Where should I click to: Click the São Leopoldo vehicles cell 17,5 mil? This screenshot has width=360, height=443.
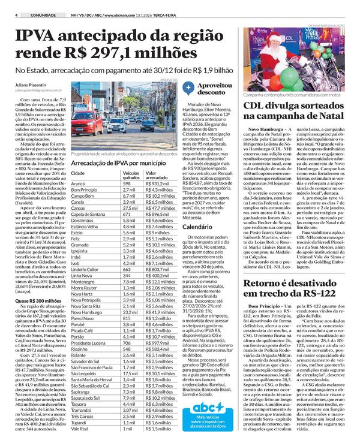tap(131, 357)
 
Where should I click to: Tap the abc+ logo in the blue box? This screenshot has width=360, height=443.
tap(216, 392)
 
